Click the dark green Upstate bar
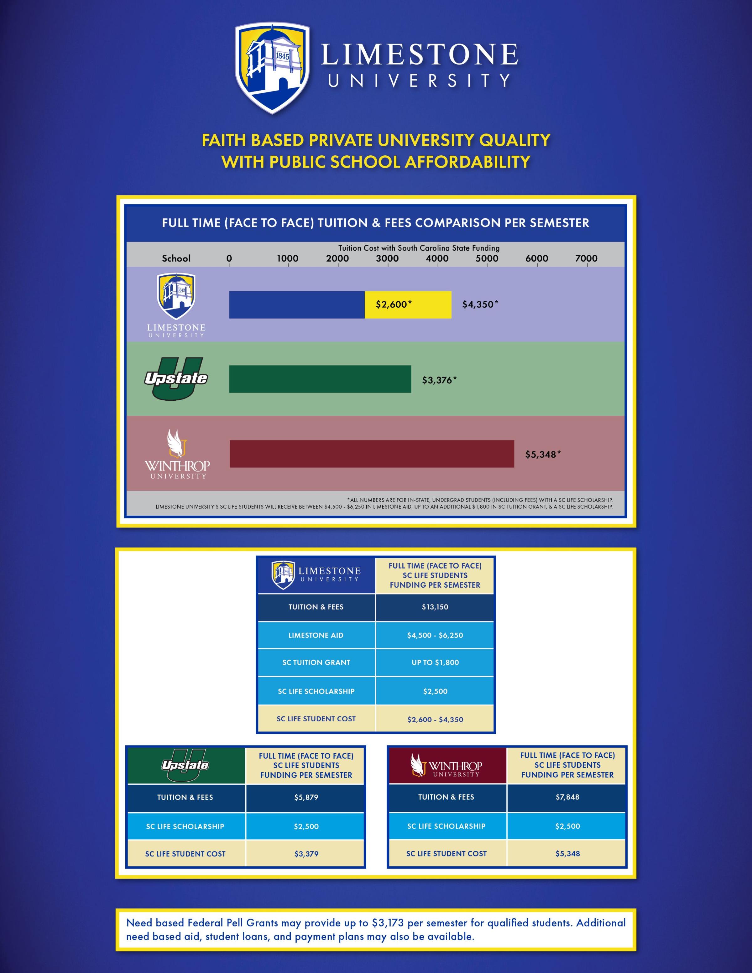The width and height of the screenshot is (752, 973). tap(320, 379)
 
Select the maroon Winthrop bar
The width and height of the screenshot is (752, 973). tap(372, 454)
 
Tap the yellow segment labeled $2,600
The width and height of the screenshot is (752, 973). tap(408, 305)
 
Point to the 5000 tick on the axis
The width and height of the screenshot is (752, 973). tap(487, 258)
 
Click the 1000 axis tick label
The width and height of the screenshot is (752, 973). tap(287, 258)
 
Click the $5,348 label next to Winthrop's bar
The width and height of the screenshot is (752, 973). tap(543, 455)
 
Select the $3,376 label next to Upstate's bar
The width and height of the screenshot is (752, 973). tap(439, 380)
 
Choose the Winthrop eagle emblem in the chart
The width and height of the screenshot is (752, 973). tap(176, 443)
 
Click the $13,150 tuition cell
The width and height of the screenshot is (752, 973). tap(435, 607)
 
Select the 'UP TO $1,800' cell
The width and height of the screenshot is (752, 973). tap(435, 663)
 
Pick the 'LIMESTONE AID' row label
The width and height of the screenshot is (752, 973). tap(316, 635)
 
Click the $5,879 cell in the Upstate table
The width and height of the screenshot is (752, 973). tap(306, 797)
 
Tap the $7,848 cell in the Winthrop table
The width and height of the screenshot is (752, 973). tap(567, 797)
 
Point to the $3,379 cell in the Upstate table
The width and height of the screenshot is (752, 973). tap(306, 854)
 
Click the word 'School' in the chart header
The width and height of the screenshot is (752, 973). tap(176, 258)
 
